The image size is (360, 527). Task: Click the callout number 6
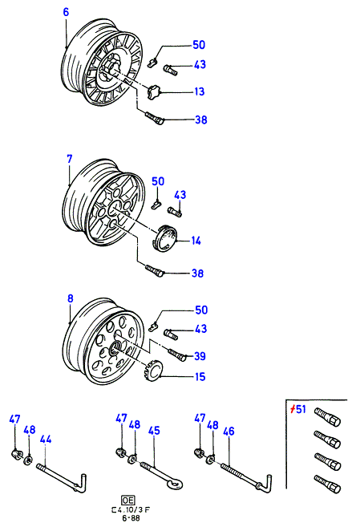coord(66,12)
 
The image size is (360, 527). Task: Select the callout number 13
coord(200,91)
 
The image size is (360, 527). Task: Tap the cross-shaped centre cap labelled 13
coord(154,92)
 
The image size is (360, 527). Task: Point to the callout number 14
coord(196,241)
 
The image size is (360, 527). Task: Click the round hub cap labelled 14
coord(165,238)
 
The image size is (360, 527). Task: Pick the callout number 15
coord(200,376)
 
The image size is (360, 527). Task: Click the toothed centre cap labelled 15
coord(154,371)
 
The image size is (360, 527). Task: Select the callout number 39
coord(200,356)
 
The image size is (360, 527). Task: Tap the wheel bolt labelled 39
coord(176,355)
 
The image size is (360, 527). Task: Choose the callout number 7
coord(70,159)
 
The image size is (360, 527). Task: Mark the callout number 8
coord(71,298)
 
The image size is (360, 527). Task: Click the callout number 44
coord(46,440)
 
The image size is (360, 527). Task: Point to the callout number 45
coord(154,431)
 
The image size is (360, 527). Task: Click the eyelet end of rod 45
coord(176,484)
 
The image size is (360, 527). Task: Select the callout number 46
coord(229,432)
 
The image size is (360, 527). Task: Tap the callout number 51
coord(298,409)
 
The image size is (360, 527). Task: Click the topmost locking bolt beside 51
coord(327,416)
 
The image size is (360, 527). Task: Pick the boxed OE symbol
coord(128,501)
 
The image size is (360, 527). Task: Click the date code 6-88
coord(131,518)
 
